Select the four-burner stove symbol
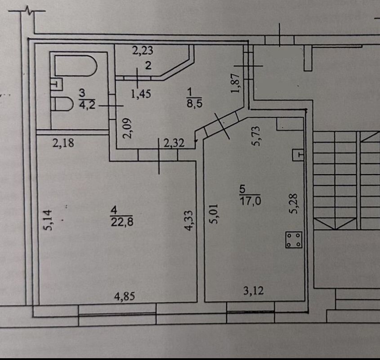tap(294, 239)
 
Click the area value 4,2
tap(84, 105)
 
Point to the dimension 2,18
tap(63, 144)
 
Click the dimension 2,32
tap(174, 144)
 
